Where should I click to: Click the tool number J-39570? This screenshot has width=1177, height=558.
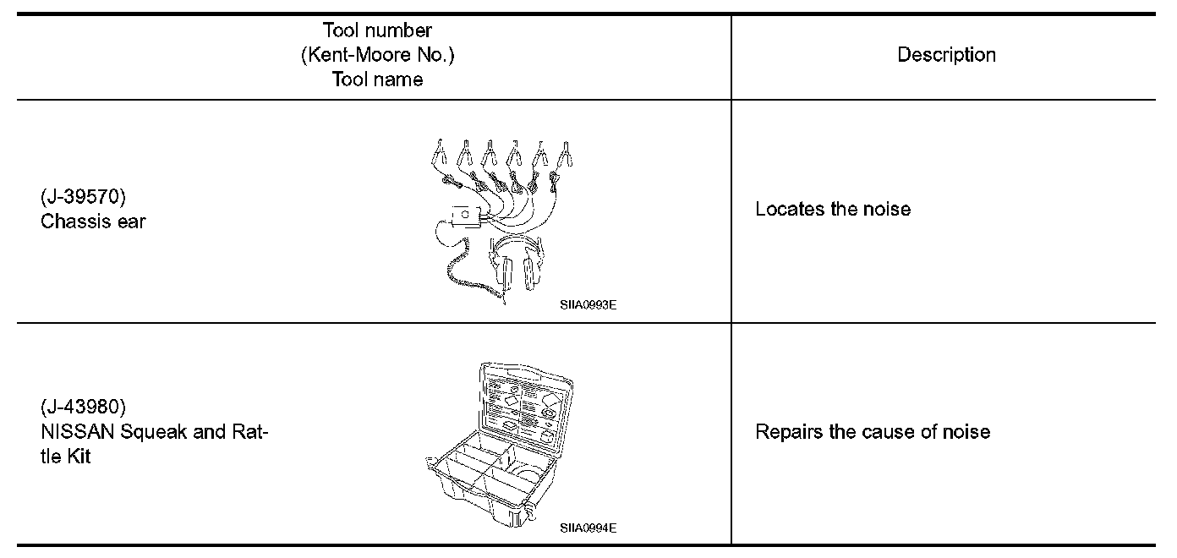click(83, 198)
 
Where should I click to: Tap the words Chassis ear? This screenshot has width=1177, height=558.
click(93, 222)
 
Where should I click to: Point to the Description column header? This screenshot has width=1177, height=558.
click(946, 55)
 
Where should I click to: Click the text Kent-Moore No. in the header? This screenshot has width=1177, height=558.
click(377, 56)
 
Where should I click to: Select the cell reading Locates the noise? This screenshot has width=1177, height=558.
click(833, 210)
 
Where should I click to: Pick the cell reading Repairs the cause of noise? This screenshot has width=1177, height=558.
click(872, 432)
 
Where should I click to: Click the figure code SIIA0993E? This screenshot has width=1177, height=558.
click(588, 305)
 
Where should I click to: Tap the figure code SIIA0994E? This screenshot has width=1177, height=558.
click(588, 528)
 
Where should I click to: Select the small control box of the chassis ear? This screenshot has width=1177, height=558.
click(466, 216)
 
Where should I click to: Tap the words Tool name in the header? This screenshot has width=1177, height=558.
click(377, 79)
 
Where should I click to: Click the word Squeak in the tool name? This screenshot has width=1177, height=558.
click(152, 432)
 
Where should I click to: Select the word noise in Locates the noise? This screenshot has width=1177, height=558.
click(886, 210)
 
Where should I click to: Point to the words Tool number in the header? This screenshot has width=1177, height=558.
click(377, 31)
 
